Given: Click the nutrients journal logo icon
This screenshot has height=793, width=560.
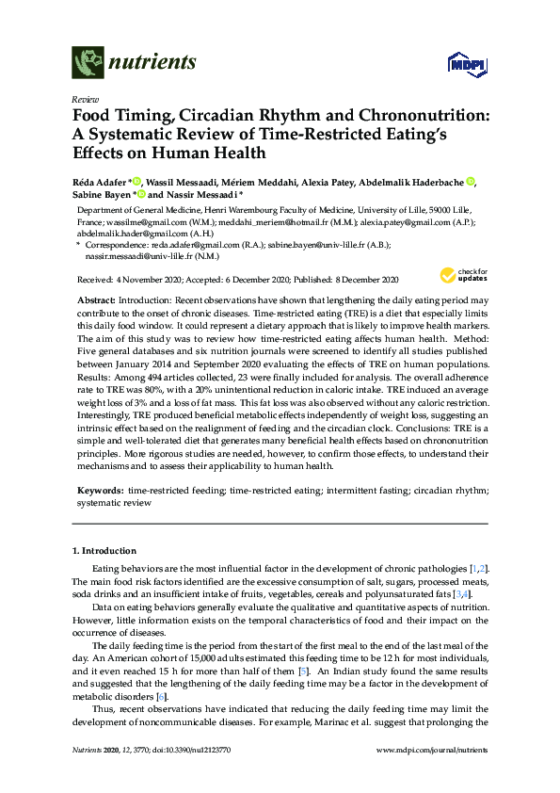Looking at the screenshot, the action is [x=88, y=63].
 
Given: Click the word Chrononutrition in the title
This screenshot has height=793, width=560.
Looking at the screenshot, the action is [x=408, y=115].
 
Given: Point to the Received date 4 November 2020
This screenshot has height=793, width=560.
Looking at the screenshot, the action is [x=135, y=280].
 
